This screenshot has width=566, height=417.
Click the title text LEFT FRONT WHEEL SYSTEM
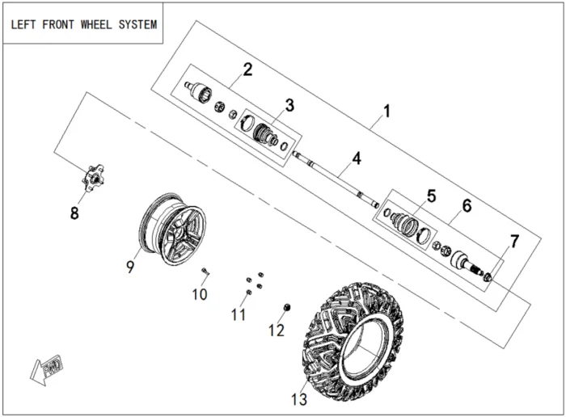pos(83,24)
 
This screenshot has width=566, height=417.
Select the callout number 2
pos(247,69)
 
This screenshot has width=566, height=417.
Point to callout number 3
pos(289,105)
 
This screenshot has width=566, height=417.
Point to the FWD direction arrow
pos(45,369)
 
